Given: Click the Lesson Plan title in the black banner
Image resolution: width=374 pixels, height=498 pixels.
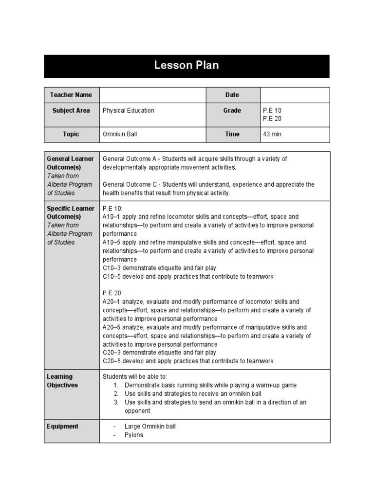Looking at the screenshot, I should [x=187, y=66].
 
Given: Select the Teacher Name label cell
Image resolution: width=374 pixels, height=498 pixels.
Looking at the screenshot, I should [x=71, y=95].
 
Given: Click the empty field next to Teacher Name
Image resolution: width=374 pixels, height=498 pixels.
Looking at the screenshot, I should [x=152, y=95].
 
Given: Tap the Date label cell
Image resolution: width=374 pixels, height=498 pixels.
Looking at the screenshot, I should [x=232, y=95].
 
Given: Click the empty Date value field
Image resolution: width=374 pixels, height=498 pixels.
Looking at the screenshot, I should [x=295, y=95].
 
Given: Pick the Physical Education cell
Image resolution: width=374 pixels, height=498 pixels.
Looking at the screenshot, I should [x=129, y=110].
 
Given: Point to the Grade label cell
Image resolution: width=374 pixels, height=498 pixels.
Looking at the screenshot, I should [x=232, y=110].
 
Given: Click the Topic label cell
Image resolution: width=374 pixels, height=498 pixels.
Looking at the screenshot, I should [x=71, y=134].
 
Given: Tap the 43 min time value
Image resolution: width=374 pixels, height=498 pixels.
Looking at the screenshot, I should [x=272, y=134].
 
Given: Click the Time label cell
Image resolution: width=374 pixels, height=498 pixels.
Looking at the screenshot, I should [x=232, y=134].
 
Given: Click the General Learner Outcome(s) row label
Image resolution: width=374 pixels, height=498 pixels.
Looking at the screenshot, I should [x=71, y=163].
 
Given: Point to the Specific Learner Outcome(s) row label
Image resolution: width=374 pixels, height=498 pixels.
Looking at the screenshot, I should [x=71, y=213].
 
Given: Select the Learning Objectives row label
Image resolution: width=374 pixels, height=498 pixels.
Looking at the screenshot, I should [x=62, y=381].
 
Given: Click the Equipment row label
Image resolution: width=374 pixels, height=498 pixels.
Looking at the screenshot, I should [x=62, y=427].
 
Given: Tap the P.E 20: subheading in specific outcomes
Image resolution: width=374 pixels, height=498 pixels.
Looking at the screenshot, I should [x=113, y=293].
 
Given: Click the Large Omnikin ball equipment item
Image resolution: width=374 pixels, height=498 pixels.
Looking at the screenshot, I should [x=150, y=427].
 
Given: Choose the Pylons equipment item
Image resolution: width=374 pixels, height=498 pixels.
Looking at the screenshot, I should [x=134, y=435].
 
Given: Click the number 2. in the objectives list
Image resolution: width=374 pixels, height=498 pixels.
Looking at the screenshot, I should [x=116, y=393].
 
